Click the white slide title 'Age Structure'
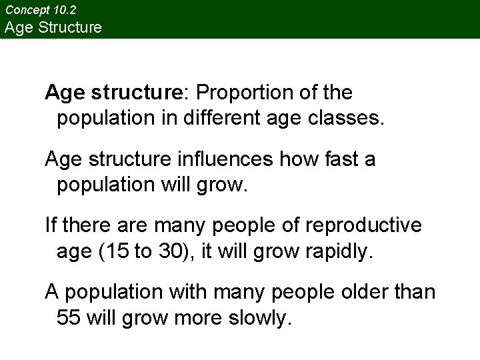point(53,27)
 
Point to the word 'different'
point(218,119)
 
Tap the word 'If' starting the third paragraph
point(51,225)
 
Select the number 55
point(69,318)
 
